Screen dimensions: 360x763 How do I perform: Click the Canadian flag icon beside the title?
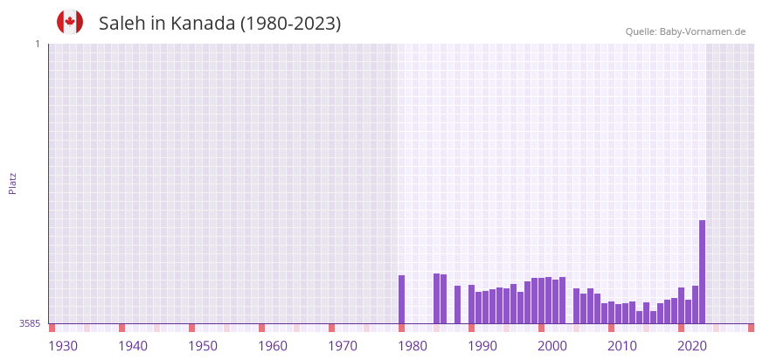pos(70,22)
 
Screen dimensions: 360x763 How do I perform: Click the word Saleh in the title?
pos(121,24)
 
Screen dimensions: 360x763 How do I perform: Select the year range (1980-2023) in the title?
pos(291,24)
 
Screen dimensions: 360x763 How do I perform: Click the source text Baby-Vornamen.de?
pos(703,31)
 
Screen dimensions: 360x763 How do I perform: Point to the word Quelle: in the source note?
pos(641,31)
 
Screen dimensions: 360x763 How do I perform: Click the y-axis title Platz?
pos(12,183)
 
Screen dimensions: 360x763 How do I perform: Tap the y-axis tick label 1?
pos(37,44)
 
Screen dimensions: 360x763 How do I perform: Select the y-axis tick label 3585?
pos(30,323)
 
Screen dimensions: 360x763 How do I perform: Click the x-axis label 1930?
pos(63,346)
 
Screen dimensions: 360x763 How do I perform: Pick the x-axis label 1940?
pos(133,346)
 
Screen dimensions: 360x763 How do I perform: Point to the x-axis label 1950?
pos(203,346)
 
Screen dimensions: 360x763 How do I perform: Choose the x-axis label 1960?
pos(273,346)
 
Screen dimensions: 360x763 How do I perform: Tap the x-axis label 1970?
pos(343,346)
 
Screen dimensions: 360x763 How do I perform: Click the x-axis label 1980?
pos(413,346)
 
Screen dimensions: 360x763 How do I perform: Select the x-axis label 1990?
pos(482,346)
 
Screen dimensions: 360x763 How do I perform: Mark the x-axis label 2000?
pos(552,346)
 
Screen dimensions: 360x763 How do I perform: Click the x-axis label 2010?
pos(622,346)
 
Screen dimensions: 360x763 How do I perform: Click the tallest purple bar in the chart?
pos(702,272)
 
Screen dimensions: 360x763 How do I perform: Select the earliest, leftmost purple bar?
pos(401,300)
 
